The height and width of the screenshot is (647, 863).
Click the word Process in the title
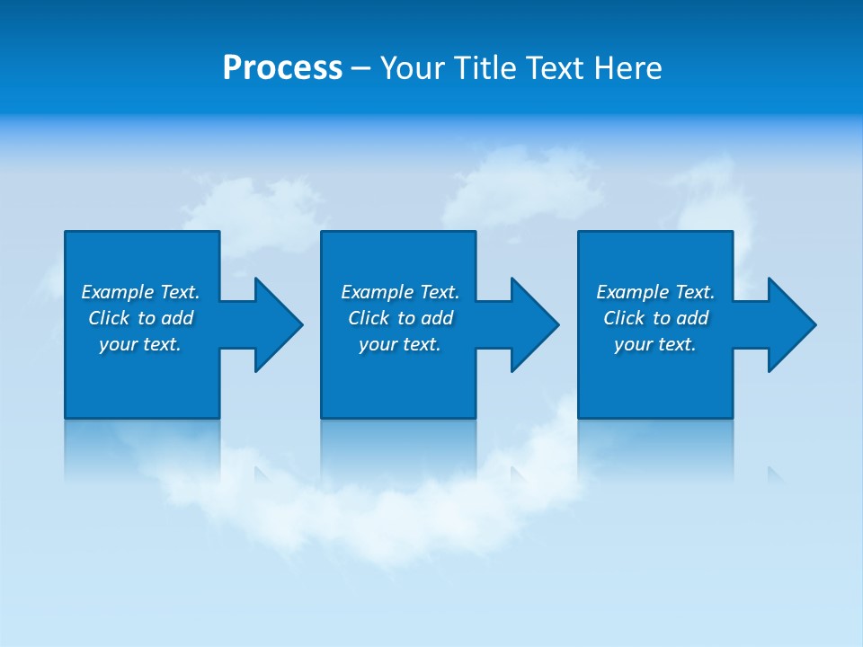[282, 68]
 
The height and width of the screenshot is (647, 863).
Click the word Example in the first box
[118, 292]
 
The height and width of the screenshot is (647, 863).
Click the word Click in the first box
[109, 318]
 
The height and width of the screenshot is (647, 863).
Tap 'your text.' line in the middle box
[399, 344]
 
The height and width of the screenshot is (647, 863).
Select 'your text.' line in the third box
[655, 344]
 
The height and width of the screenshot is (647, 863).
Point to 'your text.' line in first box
[140, 344]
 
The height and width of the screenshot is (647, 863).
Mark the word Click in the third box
[624, 318]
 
